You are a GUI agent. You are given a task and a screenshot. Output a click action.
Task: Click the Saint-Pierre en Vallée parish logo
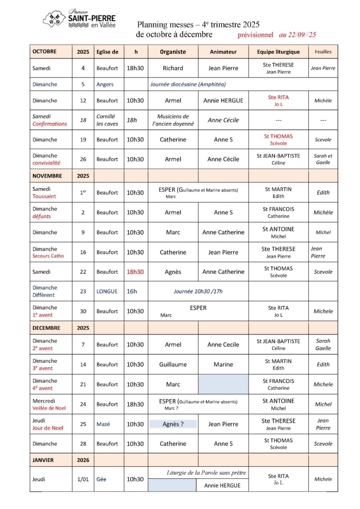[80, 19]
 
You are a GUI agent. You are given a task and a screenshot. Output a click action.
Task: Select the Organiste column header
[173, 51]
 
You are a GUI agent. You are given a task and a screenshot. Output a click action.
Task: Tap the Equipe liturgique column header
[278, 51]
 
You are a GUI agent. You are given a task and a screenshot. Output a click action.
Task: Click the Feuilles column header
[323, 51]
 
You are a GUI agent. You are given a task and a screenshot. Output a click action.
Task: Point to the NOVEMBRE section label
[47, 175]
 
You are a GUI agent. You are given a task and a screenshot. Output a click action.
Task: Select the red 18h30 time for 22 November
[135, 272]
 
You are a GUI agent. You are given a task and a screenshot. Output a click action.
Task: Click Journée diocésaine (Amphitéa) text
[187, 85]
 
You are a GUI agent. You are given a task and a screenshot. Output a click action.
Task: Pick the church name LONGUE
[107, 291]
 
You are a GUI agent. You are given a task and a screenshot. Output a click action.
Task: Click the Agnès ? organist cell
[173, 424]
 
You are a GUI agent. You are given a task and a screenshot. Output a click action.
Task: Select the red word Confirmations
[50, 124]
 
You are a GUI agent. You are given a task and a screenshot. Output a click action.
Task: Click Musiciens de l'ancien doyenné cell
[173, 120]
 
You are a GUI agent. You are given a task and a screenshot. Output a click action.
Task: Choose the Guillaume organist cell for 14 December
[173, 364]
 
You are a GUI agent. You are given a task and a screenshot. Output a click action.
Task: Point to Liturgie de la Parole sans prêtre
[206, 472]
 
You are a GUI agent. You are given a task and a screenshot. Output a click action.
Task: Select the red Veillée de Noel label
[54, 408]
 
